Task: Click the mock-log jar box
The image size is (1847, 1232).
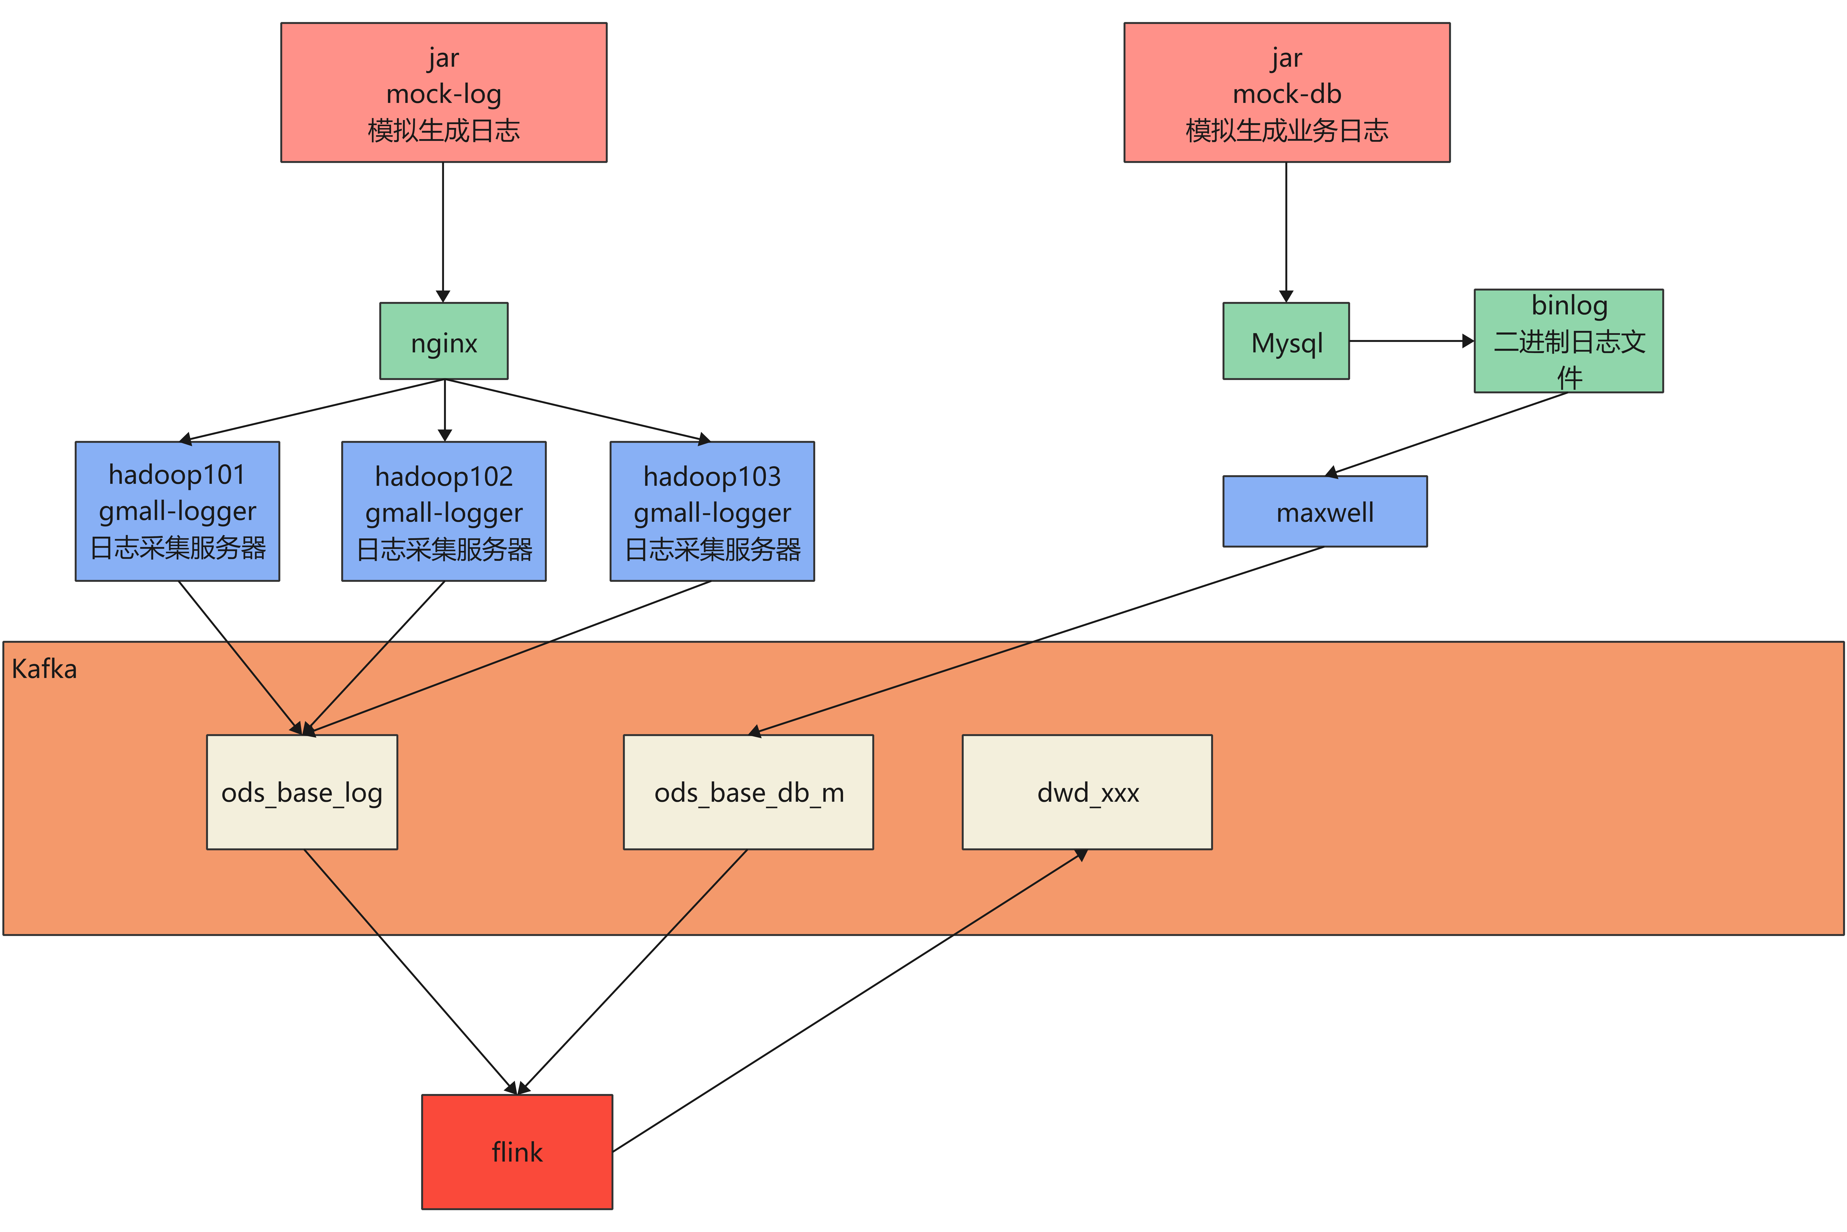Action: [x=444, y=93]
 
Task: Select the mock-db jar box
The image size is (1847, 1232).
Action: [x=1287, y=93]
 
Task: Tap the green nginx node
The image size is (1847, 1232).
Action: [x=444, y=341]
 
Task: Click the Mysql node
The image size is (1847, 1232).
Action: [x=1286, y=341]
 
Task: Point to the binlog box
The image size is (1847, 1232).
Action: [x=1569, y=341]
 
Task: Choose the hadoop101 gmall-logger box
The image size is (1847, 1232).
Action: [x=177, y=511]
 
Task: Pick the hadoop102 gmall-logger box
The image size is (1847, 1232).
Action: [x=444, y=511]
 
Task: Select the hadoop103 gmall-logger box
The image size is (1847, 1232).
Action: [x=712, y=511]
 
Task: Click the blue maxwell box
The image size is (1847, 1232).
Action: [x=1326, y=511]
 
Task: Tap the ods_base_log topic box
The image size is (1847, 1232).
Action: [x=302, y=792]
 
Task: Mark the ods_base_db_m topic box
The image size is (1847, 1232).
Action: [x=748, y=792]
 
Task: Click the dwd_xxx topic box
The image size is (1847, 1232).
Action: [x=1088, y=792]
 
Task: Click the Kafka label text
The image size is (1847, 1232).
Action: [x=45, y=669]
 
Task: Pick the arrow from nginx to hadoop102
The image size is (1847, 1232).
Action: [x=445, y=410]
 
